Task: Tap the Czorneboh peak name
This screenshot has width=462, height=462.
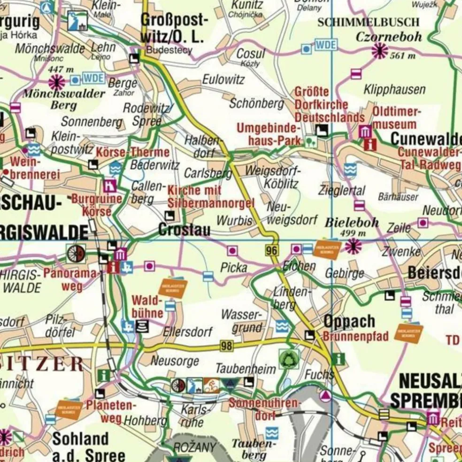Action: click(x=389, y=37)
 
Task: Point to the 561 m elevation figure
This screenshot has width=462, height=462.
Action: click(x=403, y=56)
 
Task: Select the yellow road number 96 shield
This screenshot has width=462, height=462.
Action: click(x=271, y=251)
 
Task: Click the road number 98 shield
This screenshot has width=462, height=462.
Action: click(x=227, y=346)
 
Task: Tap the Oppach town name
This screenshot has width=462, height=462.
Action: click(x=349, y=322)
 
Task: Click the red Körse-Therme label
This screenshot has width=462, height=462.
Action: click(x=132, y=152)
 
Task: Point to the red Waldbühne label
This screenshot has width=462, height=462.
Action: click(x=147, y=306)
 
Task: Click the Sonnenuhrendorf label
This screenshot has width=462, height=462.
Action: click(x=264, y=409)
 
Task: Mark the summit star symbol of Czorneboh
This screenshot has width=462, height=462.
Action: click(x=379, y=51)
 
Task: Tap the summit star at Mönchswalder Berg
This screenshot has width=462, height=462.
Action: click(x=57, y=83)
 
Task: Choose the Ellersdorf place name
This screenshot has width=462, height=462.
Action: click(x=188, y=332)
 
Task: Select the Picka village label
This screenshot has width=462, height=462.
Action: click(x=234, y=268)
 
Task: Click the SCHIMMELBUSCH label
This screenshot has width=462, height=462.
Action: click(x=369, y=22)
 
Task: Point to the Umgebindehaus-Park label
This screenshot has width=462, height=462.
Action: click(x=268, y=134)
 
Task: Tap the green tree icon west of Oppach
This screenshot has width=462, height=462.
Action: click(x=289, y=359)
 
